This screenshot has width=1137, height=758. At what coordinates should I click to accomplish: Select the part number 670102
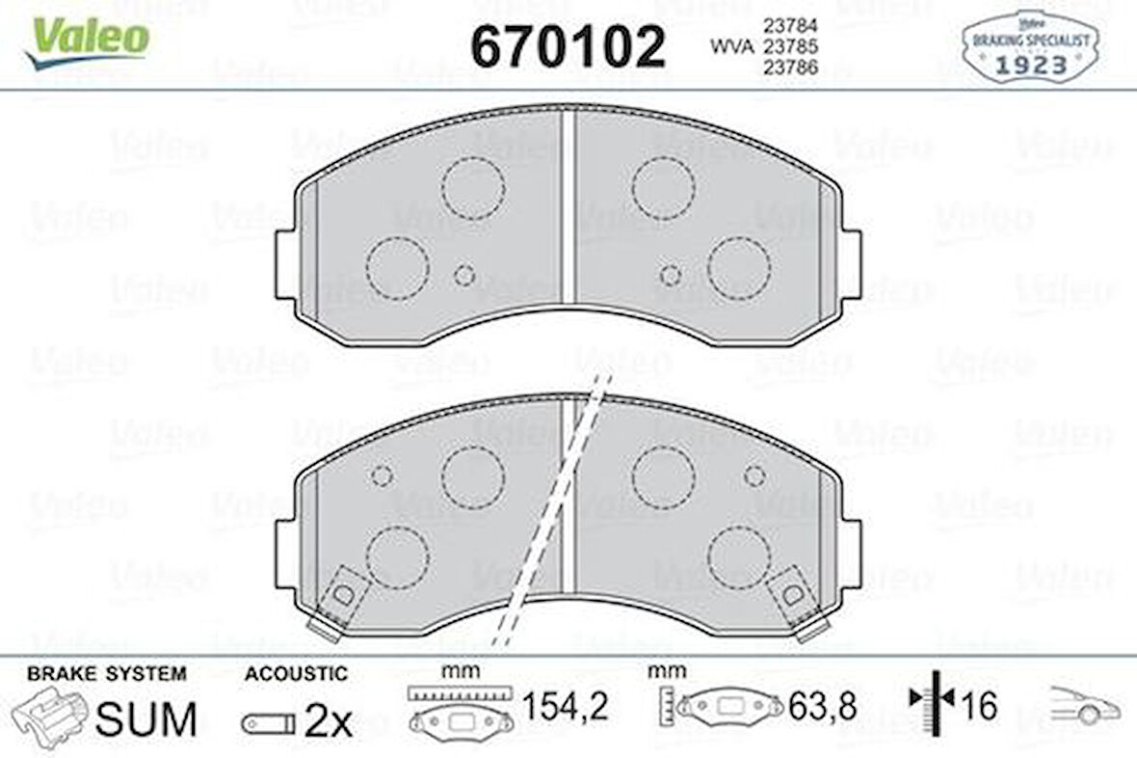(568, 45)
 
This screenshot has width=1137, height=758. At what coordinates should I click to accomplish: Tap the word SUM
(147, 718)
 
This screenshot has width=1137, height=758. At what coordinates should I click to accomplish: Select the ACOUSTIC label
(296, 673)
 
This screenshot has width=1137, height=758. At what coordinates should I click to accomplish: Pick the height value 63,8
(822, 709)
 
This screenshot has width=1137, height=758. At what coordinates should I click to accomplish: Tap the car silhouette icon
(1085, 707)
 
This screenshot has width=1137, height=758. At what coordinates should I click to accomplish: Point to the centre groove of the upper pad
(568, 207)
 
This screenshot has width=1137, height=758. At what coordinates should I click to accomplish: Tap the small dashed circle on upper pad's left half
(464, 276)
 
